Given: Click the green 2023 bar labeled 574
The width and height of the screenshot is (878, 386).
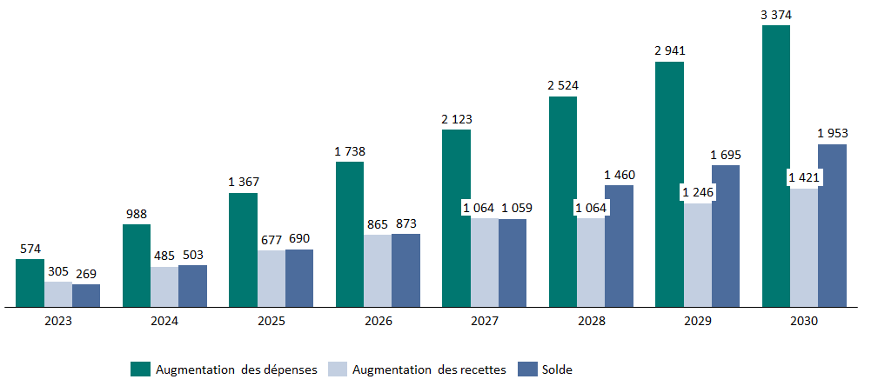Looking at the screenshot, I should point(30,283).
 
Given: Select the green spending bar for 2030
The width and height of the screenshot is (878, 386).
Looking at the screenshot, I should point(776,166).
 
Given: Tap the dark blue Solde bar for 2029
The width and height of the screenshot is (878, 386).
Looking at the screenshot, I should point(726,236).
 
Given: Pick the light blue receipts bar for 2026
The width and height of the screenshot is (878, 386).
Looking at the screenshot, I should point(378,270).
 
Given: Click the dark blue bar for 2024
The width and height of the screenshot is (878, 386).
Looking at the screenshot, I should point(192,286).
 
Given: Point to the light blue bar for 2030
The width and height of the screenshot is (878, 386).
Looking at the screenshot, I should point(804,247).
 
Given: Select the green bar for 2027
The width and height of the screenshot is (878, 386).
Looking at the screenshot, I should point(456,218).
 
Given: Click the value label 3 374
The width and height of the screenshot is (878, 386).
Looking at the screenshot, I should point(776,15).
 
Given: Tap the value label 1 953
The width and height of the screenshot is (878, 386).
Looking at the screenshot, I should point(833,133).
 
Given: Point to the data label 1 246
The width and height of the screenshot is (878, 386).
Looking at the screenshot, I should point(697,192).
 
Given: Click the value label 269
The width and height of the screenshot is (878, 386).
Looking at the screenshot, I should point(86,273).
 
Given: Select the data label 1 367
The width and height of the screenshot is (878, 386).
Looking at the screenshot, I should point(243,182).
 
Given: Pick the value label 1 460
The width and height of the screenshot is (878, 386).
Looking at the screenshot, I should point(620,175).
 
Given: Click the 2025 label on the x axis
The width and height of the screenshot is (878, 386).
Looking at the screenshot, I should point(271,321).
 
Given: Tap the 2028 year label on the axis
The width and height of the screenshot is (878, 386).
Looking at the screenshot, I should point(591,321).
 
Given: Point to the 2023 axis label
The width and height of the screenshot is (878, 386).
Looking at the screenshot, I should point(58,321).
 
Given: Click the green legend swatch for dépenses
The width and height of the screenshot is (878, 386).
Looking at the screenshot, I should point(140,369).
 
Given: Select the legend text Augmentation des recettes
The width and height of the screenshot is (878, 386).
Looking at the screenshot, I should point(429,369).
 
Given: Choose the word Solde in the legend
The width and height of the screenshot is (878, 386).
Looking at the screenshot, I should point(557,369).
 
